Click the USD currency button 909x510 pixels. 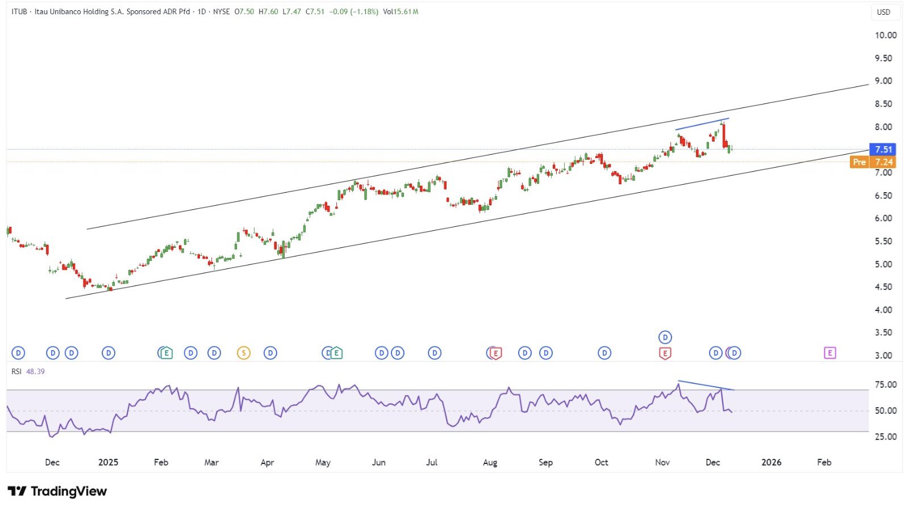click(x=883, y=12)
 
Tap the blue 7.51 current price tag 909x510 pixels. click(x=883, y=150)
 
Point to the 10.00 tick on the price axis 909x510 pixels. click(x=886, y=35)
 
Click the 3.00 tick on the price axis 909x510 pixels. click(x=883, y=355)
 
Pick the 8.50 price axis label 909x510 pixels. click(x=883, y=104)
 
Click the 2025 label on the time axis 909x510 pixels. click(x=108, y=462)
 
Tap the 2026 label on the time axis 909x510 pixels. click(x=771, y=462)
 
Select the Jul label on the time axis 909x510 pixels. click(x=432, y=462)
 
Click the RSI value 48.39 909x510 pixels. click(x=35, y=371)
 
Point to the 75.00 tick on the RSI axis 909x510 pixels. click(x=886, y=385)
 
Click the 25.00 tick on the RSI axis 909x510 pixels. click(x=886, y=437)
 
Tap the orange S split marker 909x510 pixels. click(x=243, y=353)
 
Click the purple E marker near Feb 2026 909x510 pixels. click(x=829, y=353)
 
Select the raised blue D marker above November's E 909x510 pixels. click(x=665, y=337)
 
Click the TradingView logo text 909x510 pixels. click(x=68, y=491)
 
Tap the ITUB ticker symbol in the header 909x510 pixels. click(x=19, y=11)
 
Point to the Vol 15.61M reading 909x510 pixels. click(x=401, y=11)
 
